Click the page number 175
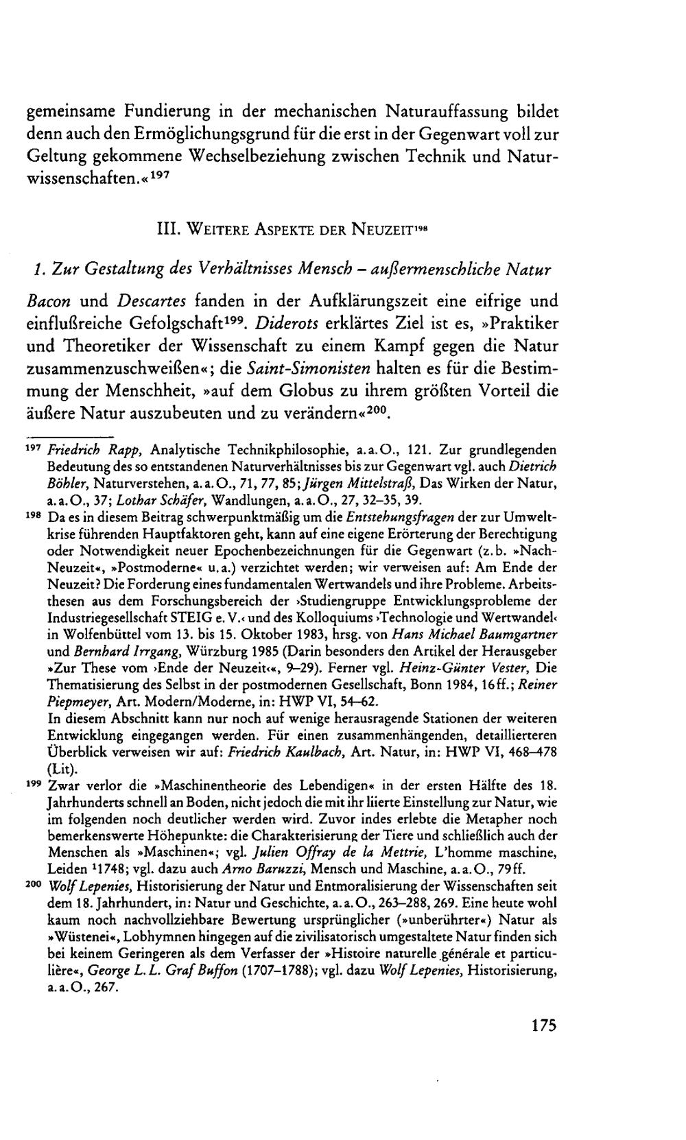pos(543,1027)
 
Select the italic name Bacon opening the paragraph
pos(49,301)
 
